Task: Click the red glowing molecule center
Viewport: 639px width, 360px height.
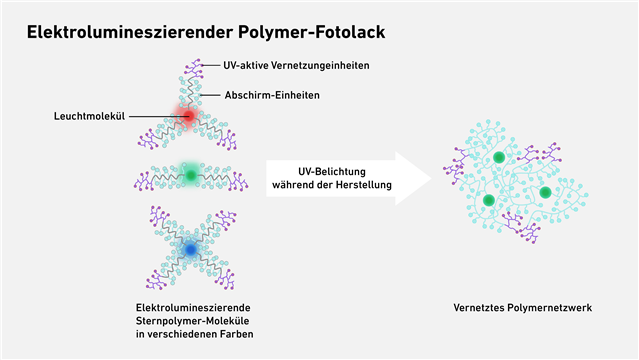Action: point(189,116)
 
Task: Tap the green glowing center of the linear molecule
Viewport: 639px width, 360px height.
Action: point(191,175)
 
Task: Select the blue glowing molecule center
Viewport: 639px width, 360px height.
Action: point(190,249)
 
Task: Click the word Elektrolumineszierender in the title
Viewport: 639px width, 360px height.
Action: point(129,32)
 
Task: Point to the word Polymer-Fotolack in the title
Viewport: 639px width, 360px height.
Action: point(312,33)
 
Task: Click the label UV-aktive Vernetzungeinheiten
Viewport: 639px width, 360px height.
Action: point(296,65)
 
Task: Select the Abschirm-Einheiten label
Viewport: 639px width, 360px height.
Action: point(272,95)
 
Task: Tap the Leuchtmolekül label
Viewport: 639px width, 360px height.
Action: point(89,116)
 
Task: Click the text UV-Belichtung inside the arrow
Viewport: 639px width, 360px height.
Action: point(332,172)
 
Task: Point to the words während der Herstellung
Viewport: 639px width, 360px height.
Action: point(332,185)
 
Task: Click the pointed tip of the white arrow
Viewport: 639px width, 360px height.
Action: point(432,178)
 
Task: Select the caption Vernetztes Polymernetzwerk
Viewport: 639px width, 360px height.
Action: point(522,307)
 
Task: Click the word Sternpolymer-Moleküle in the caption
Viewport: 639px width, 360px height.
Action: point(192,321)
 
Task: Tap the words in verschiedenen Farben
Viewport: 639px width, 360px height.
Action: point(195,334)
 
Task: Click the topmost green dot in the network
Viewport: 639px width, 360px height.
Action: point(499,157)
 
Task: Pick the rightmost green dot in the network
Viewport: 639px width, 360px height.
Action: point(545,192)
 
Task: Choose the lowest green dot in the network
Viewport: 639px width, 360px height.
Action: point(489,200)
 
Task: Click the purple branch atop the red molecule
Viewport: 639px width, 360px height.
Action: point(195,68)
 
